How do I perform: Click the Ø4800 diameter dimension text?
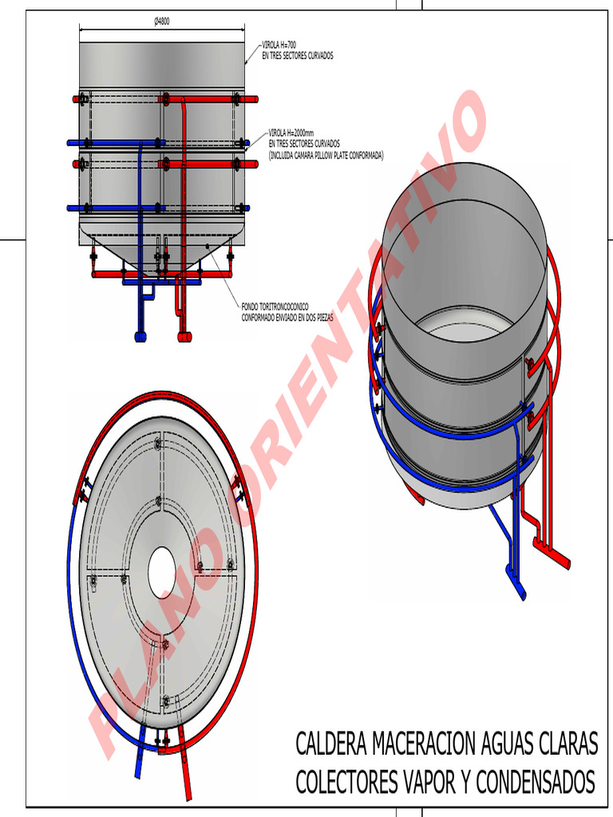(161, 22)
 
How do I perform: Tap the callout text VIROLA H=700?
(279, 45)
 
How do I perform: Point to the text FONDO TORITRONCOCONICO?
(275, 307)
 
